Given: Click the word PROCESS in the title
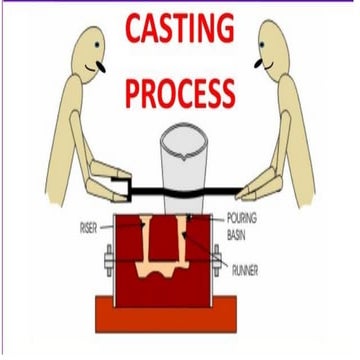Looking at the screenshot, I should click(x=180, y=93).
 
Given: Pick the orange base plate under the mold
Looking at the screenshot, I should click(x=179, y=318).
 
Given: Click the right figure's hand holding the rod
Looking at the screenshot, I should click(x=249, y=186).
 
